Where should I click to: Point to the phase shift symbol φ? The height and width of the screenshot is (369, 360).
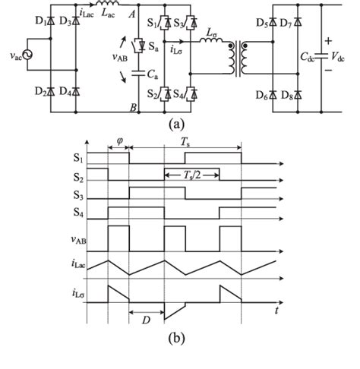click(x=119, y=140)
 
